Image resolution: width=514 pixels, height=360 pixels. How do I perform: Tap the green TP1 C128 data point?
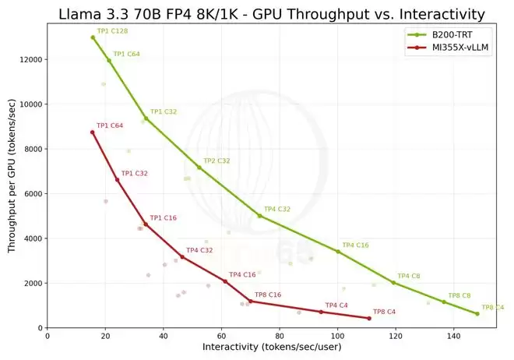click(x=93, y=37)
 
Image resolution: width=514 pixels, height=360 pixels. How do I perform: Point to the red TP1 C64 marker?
click(x=92, y=132)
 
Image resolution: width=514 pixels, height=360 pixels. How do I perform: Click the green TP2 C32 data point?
click(x=199, y=168)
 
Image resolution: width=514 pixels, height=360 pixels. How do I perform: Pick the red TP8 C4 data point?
click(x=369, y=319)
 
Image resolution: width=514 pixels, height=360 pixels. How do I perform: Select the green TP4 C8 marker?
click(x=394, y=283)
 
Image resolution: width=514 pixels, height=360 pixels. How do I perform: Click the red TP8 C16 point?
click(x=250, y=301)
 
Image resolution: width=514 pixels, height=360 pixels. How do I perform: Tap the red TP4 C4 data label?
click(x=336, y=305)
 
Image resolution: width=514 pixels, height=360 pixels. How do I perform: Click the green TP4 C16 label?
click(x=355, y=245)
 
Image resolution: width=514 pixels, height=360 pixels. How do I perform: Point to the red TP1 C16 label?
click(x=163, y=218)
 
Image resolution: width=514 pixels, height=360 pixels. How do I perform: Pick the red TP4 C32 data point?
click(x=182, y=257)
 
